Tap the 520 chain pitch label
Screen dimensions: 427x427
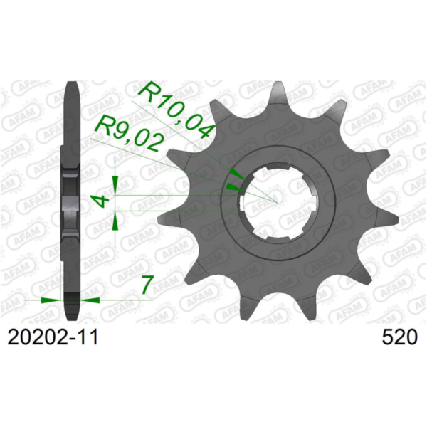pos(396,337)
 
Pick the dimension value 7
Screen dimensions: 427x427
pos(147,285)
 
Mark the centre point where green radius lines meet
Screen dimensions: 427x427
pos(276,202)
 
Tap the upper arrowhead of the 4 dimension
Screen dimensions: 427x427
pos(116,184)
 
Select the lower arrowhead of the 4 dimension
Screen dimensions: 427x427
pos(116,220)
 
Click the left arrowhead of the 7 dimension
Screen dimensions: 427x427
pos(51,300)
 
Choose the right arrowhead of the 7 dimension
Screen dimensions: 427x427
pos(91,300)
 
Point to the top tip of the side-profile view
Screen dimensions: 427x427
pos(71,85)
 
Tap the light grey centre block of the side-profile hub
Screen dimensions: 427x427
pos(71,203)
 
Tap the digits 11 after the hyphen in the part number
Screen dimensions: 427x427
pos(88,337)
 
